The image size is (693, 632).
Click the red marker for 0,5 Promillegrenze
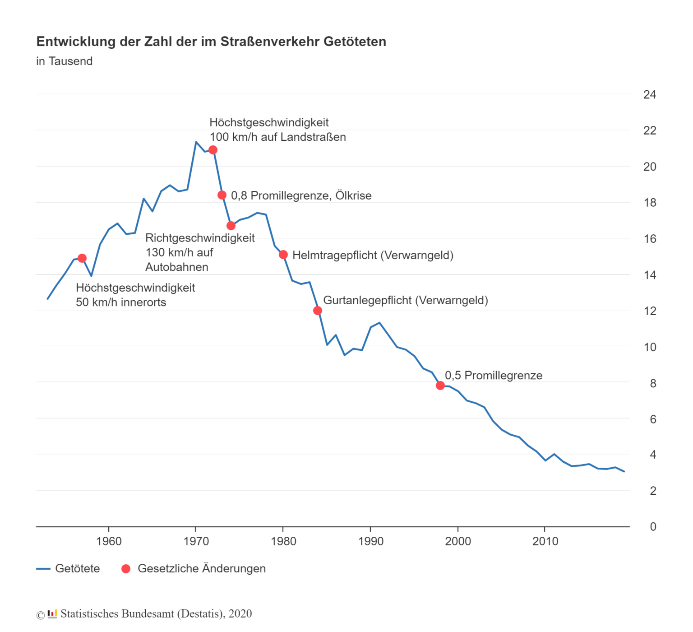(440, 386)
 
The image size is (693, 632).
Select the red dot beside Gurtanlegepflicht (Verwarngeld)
(318, 311)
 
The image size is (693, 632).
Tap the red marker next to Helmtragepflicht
(283, 255)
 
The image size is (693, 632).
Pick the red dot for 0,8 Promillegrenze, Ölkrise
(222, 195)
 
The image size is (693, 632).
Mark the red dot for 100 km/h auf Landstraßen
(213, 150)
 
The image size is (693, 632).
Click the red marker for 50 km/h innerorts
(82, 258)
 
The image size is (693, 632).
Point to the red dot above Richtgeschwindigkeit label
(231, 226)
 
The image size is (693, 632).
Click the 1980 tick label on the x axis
(283, 541)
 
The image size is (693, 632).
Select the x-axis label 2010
(545, 541)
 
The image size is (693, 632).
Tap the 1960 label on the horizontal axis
(109, 541)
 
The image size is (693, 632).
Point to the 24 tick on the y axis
(650, 94)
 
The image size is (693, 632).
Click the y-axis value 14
(650, 275)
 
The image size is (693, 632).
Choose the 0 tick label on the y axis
(653, 527)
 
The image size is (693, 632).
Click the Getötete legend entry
(77, 568)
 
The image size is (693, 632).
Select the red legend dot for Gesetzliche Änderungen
(126, 569)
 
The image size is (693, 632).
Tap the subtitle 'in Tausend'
(65, 61)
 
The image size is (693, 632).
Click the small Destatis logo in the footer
(52, 614)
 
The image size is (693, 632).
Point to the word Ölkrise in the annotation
(353, 195)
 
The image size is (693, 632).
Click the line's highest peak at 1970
(196, 142)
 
